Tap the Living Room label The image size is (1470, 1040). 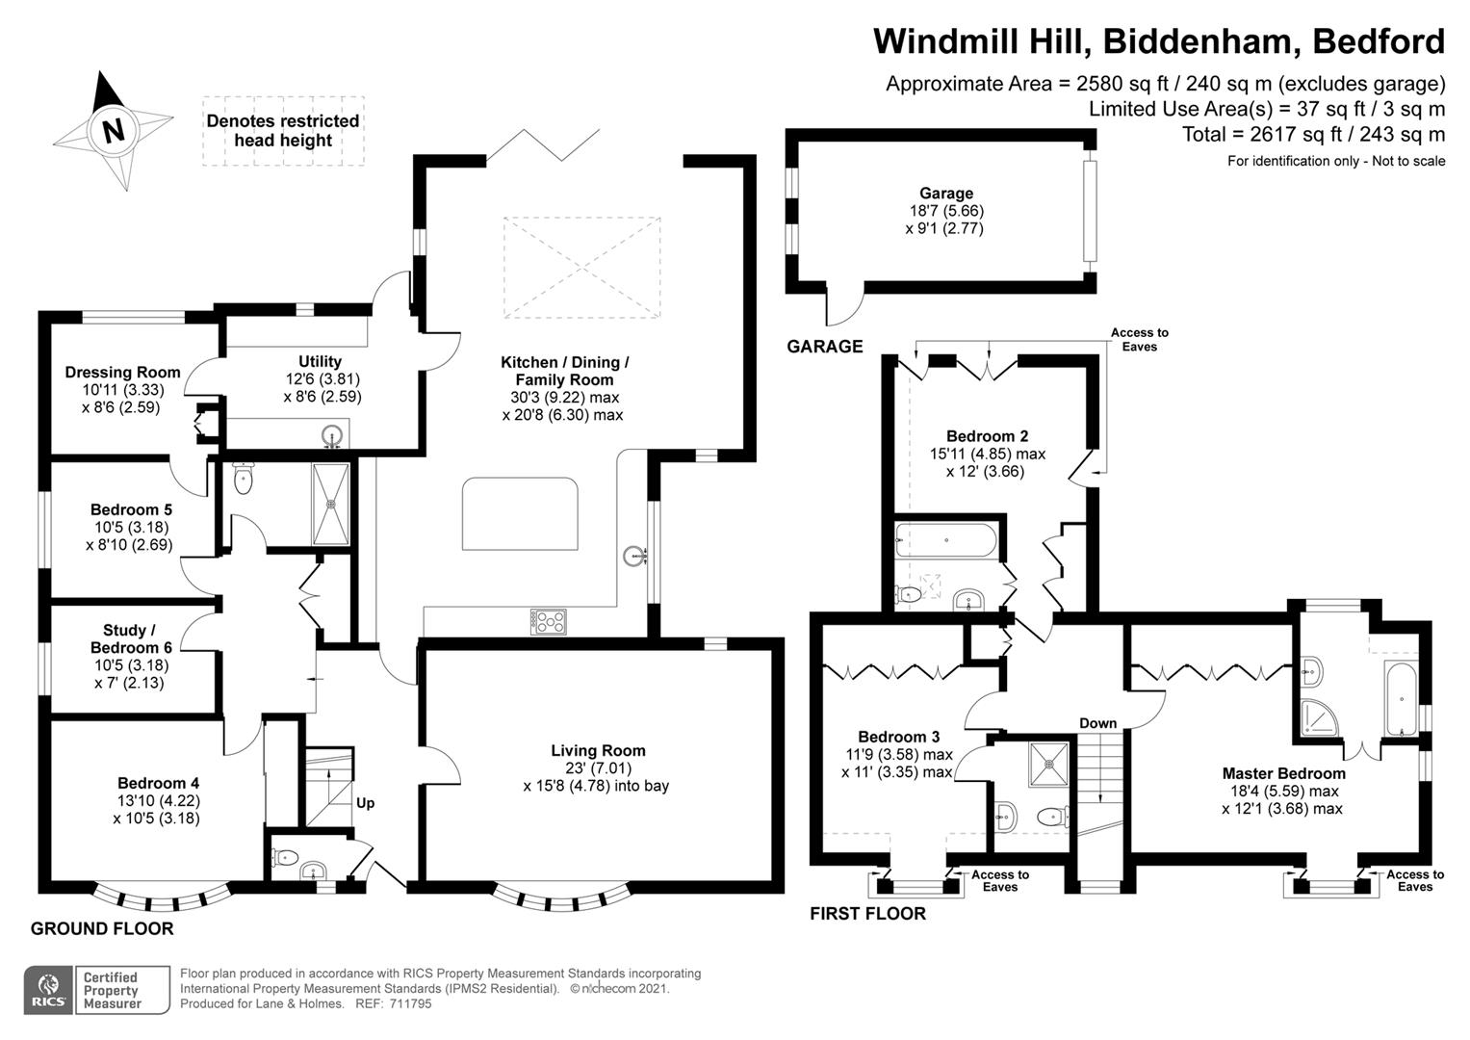click(598, 750)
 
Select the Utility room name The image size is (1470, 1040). click(320, 361)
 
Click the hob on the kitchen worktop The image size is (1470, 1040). click(548, 621)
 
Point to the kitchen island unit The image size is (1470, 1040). click(521, 514)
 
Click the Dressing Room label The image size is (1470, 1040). click(122, 372)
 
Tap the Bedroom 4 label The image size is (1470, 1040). click(158, 783)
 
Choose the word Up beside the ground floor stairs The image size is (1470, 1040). click(366, 803)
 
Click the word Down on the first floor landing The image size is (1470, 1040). click(1097, 723)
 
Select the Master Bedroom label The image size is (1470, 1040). click(1283, 773)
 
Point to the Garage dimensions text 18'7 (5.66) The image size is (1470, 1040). click(945, 211)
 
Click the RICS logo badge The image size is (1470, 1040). click(48, 990)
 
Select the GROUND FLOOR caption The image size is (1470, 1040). click(102, 929)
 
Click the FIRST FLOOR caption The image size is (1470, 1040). click(867, 914)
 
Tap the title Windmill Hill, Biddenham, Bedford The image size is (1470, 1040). click(1158, 41)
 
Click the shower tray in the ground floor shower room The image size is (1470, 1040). click(332, 503)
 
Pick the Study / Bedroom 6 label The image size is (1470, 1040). click(131, 639)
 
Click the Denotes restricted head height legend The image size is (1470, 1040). click(283, 130)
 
